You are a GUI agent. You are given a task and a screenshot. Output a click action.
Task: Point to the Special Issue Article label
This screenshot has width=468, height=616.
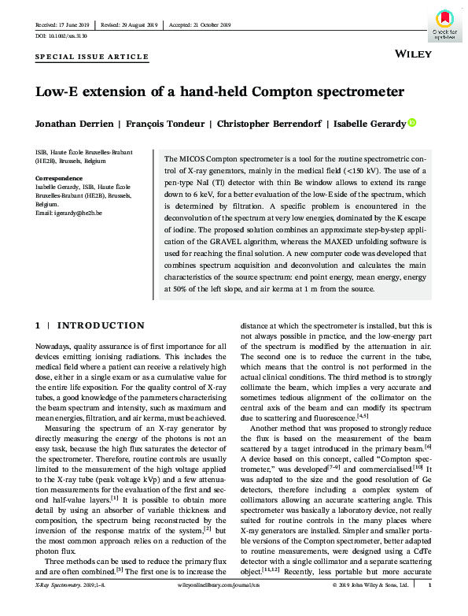coord(92,58)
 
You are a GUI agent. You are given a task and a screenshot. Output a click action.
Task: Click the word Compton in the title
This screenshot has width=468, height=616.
coord(263,92)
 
